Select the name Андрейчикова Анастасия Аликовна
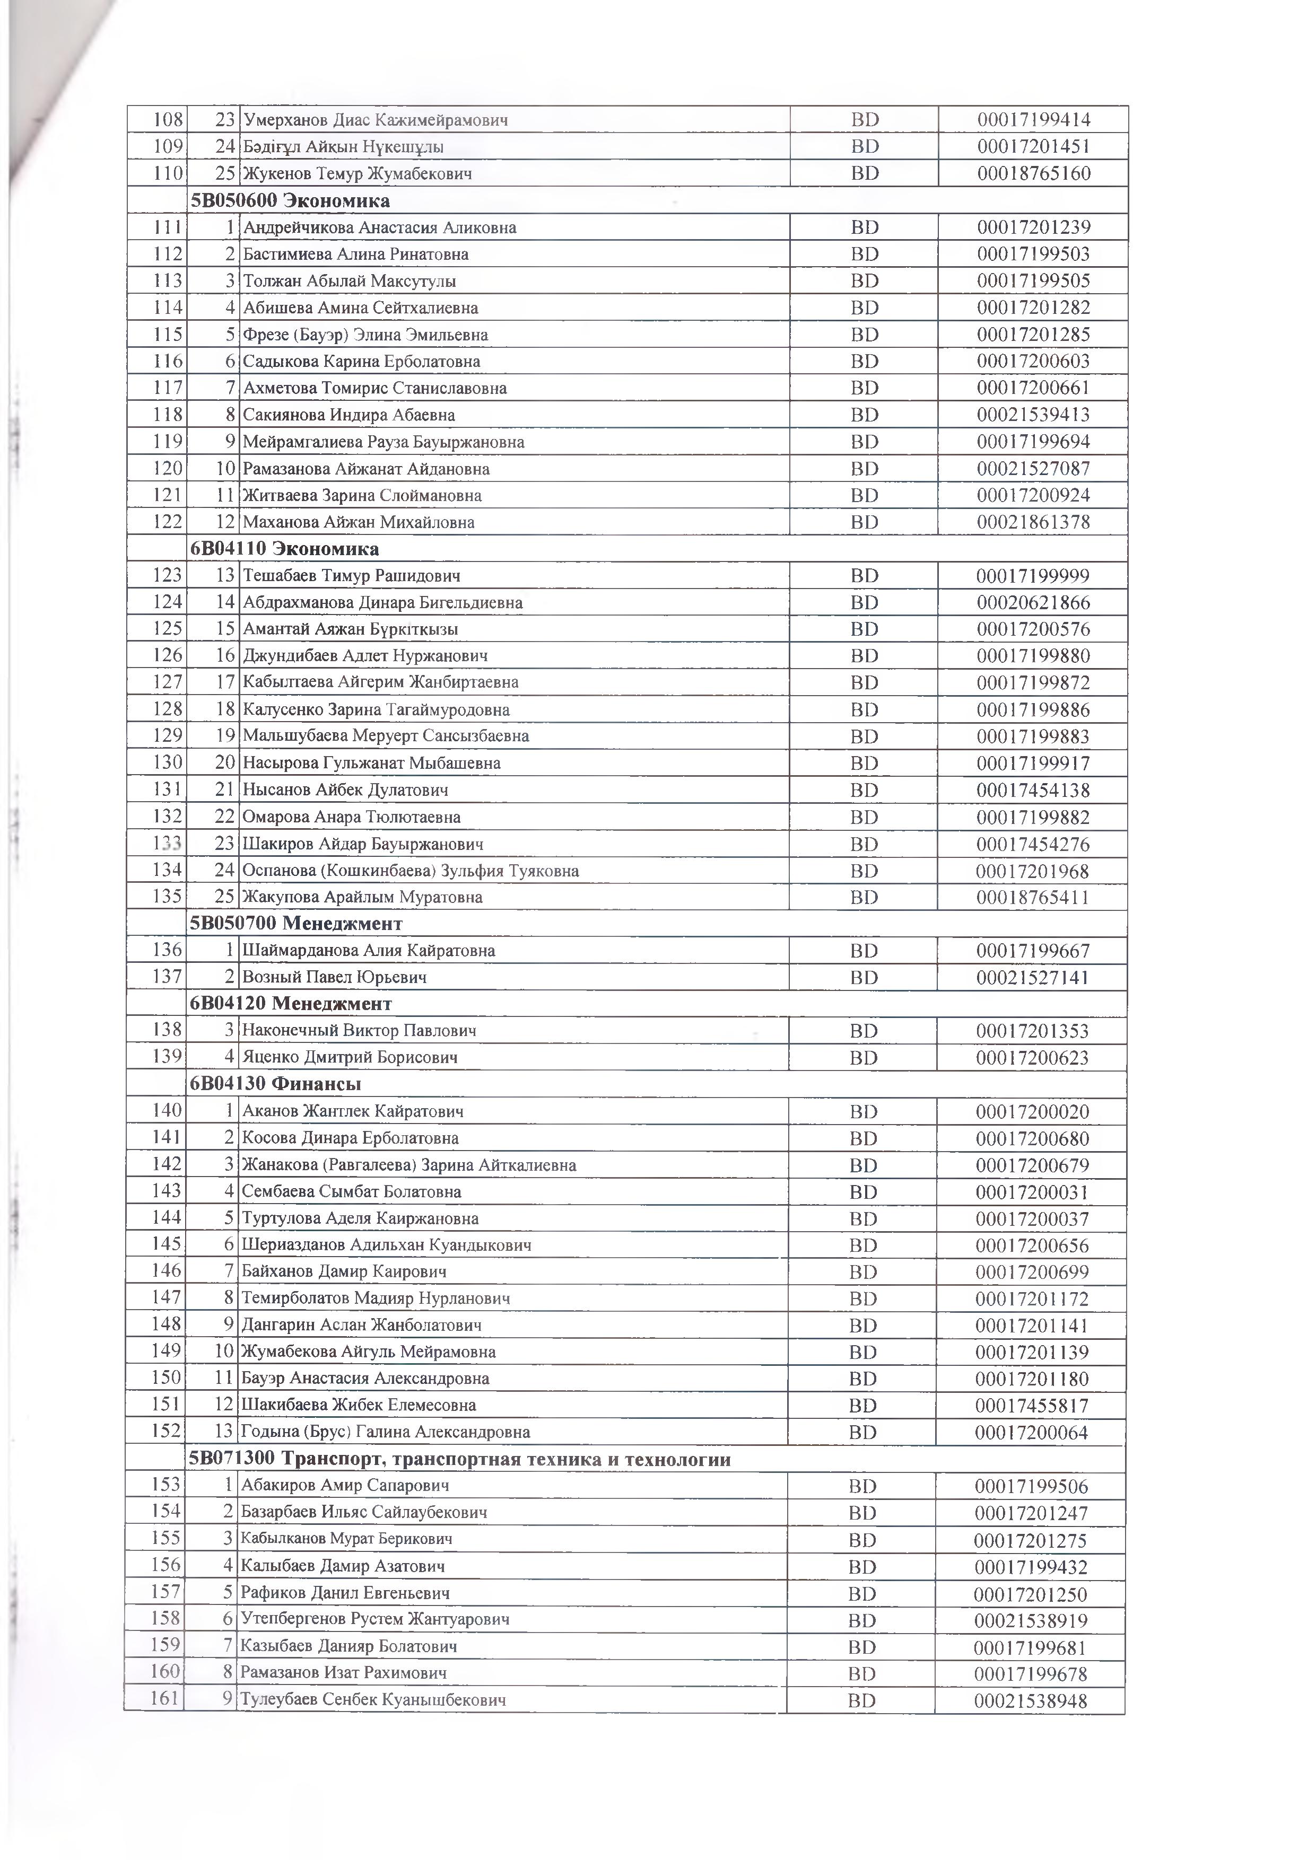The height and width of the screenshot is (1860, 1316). (x=379, y=227)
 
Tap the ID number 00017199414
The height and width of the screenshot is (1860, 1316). (x=1033, y=120)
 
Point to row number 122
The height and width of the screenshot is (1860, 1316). (x=167, y=522)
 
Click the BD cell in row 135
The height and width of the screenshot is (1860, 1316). (x=864, y=898)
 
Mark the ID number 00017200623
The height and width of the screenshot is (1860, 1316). (x=1032, y=1057)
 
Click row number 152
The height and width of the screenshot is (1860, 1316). (x=166, y=1432)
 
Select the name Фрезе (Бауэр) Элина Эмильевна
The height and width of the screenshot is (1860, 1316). (x=365, y=335)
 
